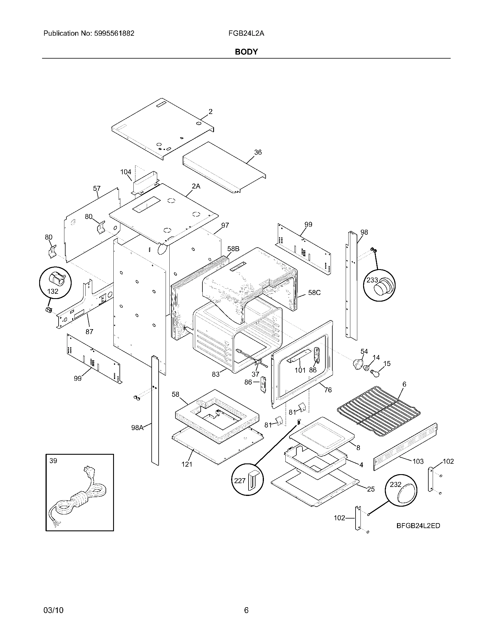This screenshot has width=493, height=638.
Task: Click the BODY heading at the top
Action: point(246,52)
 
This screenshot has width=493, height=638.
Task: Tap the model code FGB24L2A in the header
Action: point(246,33)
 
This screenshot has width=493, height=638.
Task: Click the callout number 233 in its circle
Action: point(372,280)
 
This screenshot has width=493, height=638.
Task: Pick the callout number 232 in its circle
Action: point(396,484)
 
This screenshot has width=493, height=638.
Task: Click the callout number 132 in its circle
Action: point(52,291)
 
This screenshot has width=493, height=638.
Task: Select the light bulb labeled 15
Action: point(374,373)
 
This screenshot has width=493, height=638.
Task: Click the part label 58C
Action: point(314,292)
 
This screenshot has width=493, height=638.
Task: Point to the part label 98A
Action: point(137,428)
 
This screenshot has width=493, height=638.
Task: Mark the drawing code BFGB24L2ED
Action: point(418,526)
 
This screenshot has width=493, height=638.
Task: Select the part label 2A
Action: point(196,186)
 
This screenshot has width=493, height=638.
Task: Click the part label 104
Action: point(126,172)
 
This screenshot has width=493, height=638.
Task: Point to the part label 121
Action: point(187,464)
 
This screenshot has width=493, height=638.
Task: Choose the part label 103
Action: point(418,461)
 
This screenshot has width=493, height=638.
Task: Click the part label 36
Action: point(258,152)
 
